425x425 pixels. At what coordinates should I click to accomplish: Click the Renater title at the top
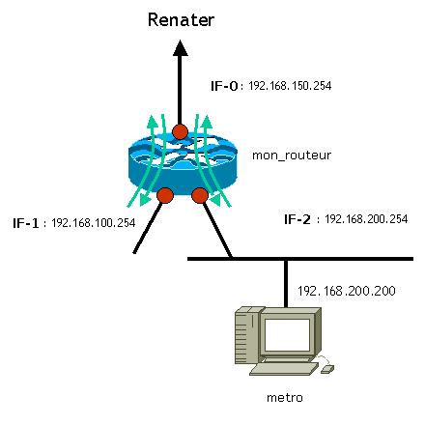click(x=181, y=20)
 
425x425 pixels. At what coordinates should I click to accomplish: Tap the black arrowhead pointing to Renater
click(x=181, y=48)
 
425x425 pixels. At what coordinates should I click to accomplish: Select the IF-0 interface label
click(x=224, y=86)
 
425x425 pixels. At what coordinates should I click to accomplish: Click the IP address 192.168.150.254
click(x=290, y=86)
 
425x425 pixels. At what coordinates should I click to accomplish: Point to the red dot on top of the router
click(x=180, y=131)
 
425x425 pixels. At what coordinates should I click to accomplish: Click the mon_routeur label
click(x=292, y=156)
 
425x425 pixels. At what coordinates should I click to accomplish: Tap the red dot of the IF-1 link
click(x=165, y=195)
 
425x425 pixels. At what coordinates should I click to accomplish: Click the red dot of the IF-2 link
click(x=200, y=195)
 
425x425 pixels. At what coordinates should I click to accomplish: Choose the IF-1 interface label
click(x=26, y=223)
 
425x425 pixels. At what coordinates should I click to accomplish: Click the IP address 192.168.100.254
click(x=94, y=223)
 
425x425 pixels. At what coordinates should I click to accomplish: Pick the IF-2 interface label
click(x=297, y=219)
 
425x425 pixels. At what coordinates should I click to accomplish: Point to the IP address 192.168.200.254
click(x=366, y=219)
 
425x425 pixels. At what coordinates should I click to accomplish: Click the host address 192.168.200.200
click(x=347, y=291)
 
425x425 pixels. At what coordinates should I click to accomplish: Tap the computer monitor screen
click(x=287, y=335)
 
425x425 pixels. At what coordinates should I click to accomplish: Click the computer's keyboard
click(x=284, y=369)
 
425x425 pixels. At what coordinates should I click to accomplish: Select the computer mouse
click(x=327, y=369)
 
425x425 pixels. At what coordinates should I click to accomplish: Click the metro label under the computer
click(x=285, y=398)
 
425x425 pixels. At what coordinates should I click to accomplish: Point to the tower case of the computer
click(x=247, y=336)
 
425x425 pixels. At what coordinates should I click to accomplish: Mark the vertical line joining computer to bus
click(x=286, y=283)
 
